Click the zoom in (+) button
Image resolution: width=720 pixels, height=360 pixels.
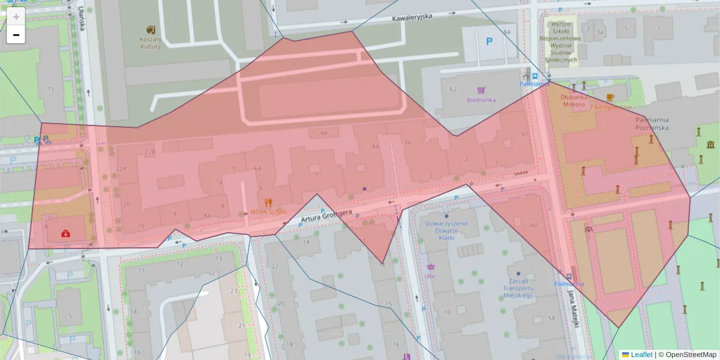pyautogui.click(x=16, y=17)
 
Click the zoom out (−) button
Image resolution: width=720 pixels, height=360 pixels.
pyautogui.click(x=16, y=35)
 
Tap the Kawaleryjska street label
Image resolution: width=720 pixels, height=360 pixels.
pyautogui.click(x=412, y=17)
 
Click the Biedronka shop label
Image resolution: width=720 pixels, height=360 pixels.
pyautogui.click(x=481, y=100)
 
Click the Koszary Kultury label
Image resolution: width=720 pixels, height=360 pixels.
pyautogui.click(x=151, y=42)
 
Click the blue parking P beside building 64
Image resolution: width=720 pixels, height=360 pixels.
pyautogui.click(x=490, y=41)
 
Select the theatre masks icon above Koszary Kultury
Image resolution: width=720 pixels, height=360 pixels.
pyautogui.click(x=151, y=29)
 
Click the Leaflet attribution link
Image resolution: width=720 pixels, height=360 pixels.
pyautogui.click(x=641, y=355)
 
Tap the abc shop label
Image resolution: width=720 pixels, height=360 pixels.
pyautogui.click(x=430, y=277)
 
